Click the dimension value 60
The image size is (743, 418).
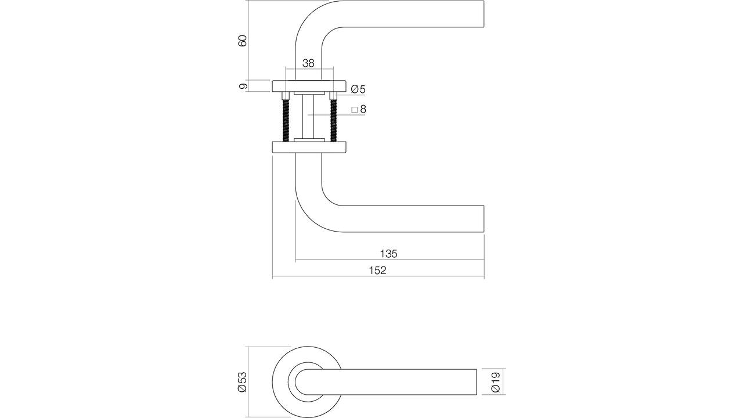[243, 41]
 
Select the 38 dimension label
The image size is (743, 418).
[308, 63]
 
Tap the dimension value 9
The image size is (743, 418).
[243, 87]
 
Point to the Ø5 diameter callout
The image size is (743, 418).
[358, 89]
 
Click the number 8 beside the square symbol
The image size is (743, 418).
[363, 109]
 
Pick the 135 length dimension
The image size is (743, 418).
[388, 254]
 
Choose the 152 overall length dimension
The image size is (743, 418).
[378, 271]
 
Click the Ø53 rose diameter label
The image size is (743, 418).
[243, 382]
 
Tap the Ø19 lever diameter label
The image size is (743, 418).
[495, 382]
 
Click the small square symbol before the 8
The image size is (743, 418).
[354, 110]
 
